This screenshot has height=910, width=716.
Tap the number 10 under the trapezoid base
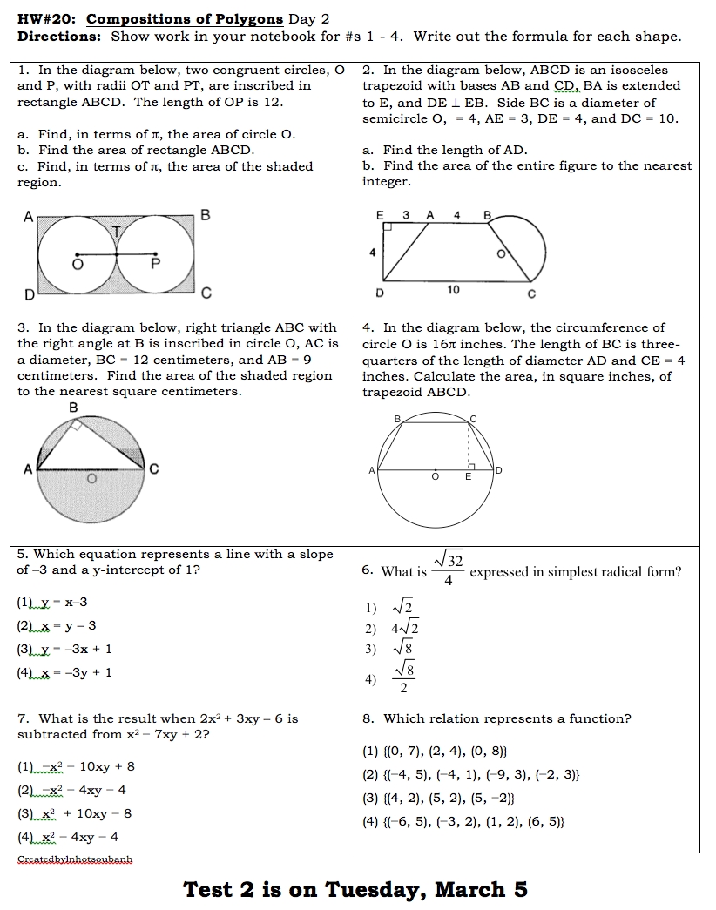click(x=454, y=290)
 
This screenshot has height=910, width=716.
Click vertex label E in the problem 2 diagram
click(x=380, y=213)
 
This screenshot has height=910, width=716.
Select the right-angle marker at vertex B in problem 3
click(x=78, y=425)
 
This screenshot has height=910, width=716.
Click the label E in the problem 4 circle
click(x=468, y=477)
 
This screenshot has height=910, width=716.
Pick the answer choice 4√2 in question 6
click(x=403, y=628)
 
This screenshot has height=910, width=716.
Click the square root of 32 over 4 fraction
click(x=448, y=570)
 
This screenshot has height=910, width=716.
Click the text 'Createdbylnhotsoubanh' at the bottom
click(x=75, y=859)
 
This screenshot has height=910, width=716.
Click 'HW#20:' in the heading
click(x=48, y=19)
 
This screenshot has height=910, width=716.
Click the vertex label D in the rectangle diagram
click(x=29, y=295)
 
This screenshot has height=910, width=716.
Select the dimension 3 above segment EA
click(x=406, y=213)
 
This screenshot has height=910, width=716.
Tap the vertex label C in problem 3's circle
click(x=154, y=469)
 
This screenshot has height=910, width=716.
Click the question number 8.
click(x=368, y=718)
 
